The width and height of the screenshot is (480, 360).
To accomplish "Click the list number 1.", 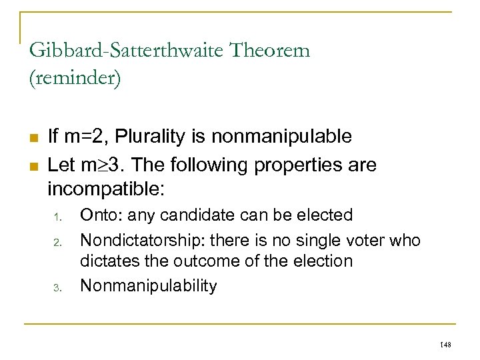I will pos(59,217).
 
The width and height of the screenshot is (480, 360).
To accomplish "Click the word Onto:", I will pos(101,215).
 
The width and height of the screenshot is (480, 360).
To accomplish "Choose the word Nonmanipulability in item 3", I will pos(148,286).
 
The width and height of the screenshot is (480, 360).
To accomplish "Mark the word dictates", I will pos(109,261).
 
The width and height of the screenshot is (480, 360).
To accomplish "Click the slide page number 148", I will pos(446,344).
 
